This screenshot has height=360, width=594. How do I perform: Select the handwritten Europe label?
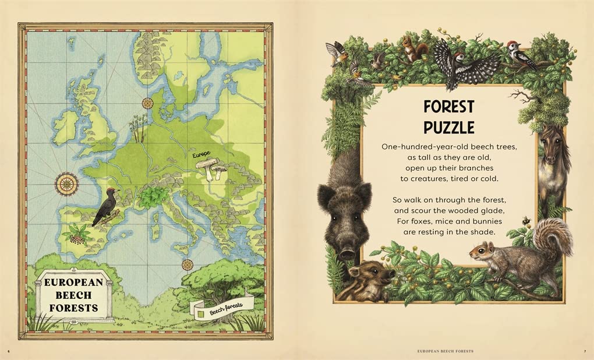tap(201, 155)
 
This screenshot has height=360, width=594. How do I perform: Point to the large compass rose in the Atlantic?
tap(66, 183)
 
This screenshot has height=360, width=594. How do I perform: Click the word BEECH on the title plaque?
tap(73, 295)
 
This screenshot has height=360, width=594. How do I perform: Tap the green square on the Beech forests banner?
tap(201, 314)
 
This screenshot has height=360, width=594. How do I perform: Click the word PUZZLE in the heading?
tap(448, 127)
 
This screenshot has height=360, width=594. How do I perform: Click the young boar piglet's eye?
tap(374, 271)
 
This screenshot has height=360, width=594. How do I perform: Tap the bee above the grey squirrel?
tap(526, 221)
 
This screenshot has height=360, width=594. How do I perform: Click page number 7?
tap(584, 351)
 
